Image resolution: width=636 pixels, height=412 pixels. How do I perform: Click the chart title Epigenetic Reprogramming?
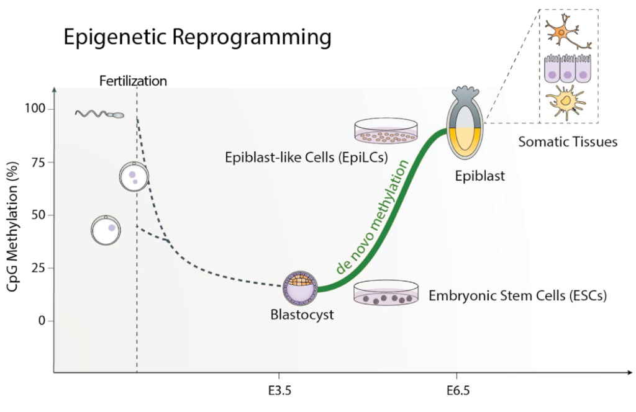(x=198, y=37)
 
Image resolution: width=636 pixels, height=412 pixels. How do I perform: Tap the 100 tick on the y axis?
(x=35, y=109)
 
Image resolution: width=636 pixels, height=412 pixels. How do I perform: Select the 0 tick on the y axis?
(x=42, y=321)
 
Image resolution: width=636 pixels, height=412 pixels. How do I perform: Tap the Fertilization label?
(x=133, y=81)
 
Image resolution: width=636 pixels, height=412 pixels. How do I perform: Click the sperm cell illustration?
(x=99, y=114)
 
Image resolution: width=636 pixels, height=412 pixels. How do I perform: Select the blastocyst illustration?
(x=300, y=288)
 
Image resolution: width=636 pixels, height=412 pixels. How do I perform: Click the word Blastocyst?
(x=302, y=315)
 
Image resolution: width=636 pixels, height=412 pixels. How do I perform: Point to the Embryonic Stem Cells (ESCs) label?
(x=517, y=295)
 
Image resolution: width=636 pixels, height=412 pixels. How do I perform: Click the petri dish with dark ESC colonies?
(x=386, y=292)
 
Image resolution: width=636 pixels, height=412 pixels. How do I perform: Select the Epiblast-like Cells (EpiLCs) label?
(x=306, y=157)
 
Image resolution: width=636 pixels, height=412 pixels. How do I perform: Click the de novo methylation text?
(x=372, y=217)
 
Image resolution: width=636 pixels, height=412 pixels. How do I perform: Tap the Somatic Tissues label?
(x=568, y=142)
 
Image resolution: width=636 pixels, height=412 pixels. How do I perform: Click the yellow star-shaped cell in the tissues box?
(x=565, y=102)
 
